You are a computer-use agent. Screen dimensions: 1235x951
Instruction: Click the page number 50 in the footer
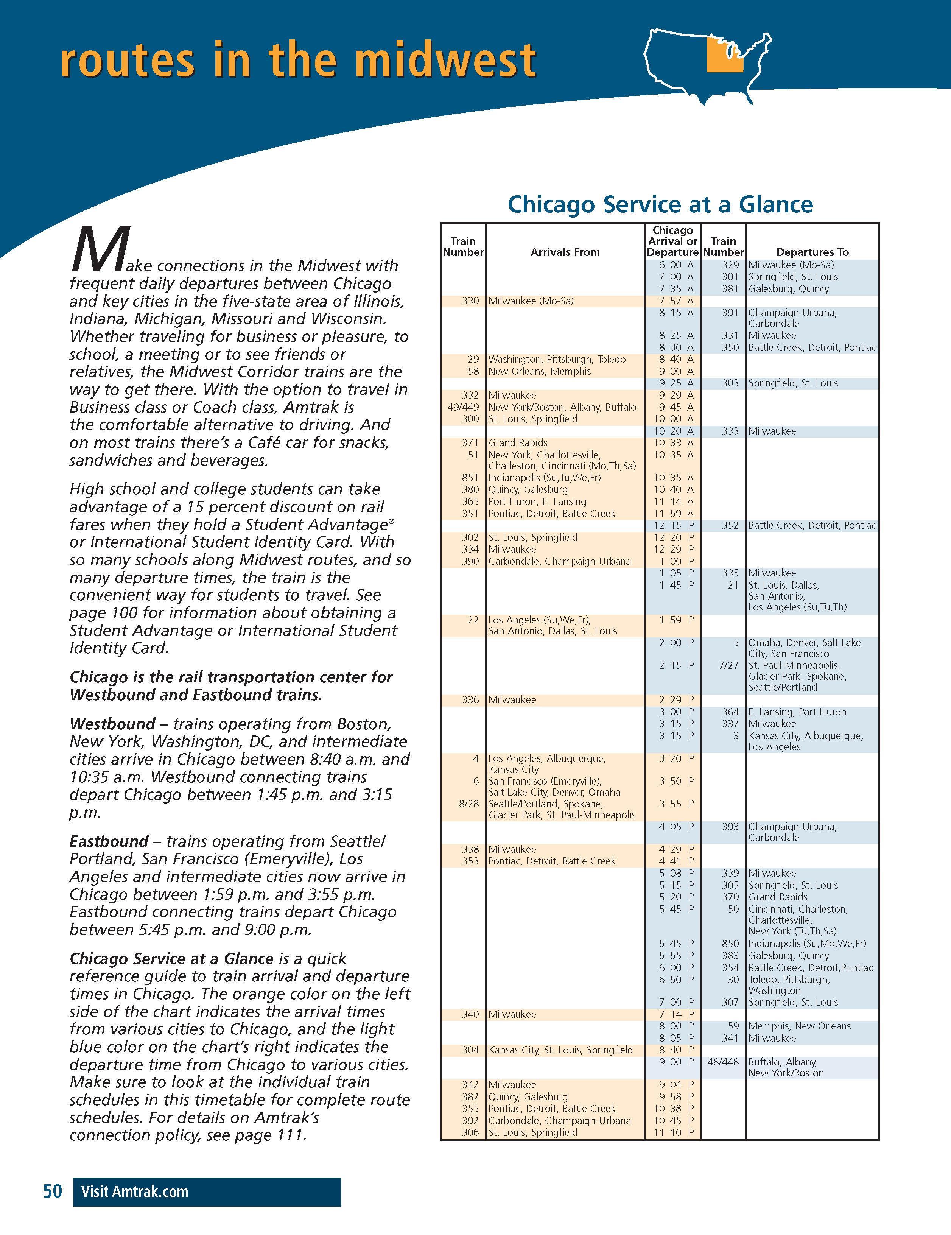click(x=53, y=1191)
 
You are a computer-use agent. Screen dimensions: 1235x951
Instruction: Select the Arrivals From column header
click(x=565, y=252)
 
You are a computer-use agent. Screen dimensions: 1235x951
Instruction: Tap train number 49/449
click(x=462, y=407)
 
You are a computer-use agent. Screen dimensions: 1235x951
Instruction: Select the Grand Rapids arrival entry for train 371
click(x=518, y=443)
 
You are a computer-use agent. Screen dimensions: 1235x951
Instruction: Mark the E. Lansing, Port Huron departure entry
click(x=797, y=712)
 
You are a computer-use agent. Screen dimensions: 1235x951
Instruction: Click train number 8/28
click(x=469, y=804)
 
